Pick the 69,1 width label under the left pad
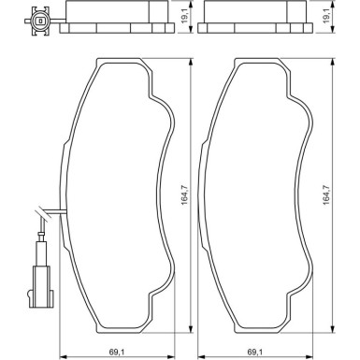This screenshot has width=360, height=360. pos(117,352)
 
